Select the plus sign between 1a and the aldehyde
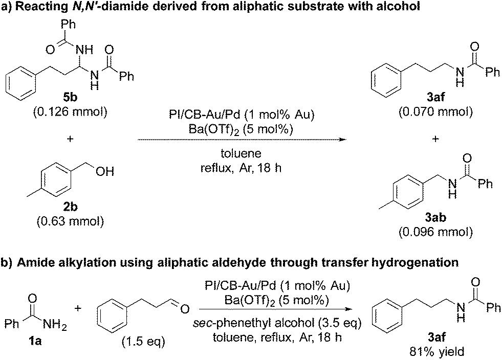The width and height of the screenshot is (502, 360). (x=79, y=308)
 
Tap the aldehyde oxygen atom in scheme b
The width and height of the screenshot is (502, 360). (x=185, y=308)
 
